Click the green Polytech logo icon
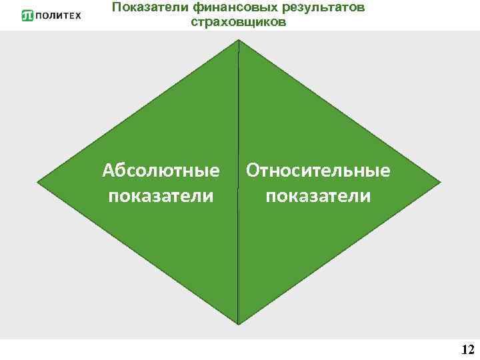27,15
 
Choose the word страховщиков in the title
238,22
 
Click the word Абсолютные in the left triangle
161,171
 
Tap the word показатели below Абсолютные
161,197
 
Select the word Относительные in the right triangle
318,171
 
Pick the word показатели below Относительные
318,197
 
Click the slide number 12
467,349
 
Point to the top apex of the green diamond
238,41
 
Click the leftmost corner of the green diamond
39,181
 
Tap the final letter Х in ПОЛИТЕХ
77,15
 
